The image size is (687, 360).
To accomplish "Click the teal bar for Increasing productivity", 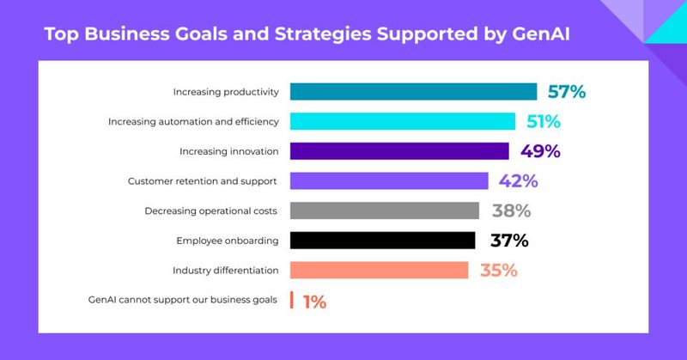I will tap(413, 92).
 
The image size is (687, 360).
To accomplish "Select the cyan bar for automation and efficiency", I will tap(402, 122).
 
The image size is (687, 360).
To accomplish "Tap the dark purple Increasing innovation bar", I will tap(399, 151).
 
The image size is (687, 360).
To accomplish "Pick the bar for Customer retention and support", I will tap(389, 181).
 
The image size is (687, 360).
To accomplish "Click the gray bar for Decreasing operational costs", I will tap(384, 211).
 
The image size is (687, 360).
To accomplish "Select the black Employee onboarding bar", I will tap(382, 241).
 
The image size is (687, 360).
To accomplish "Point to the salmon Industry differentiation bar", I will tap(379, 271).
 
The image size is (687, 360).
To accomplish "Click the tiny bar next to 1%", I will tap(292, 301).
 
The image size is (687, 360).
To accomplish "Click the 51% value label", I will tap(541, 122).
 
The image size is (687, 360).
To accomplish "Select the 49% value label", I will tap(540, 151).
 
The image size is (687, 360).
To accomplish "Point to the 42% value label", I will tap(517, 181).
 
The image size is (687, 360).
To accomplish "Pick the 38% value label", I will tap(511, 211).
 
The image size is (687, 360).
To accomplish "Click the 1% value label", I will tap(313, 301).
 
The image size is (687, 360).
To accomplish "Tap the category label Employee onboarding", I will tap(228, 241).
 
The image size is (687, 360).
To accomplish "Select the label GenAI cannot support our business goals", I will tap(184, 300).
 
